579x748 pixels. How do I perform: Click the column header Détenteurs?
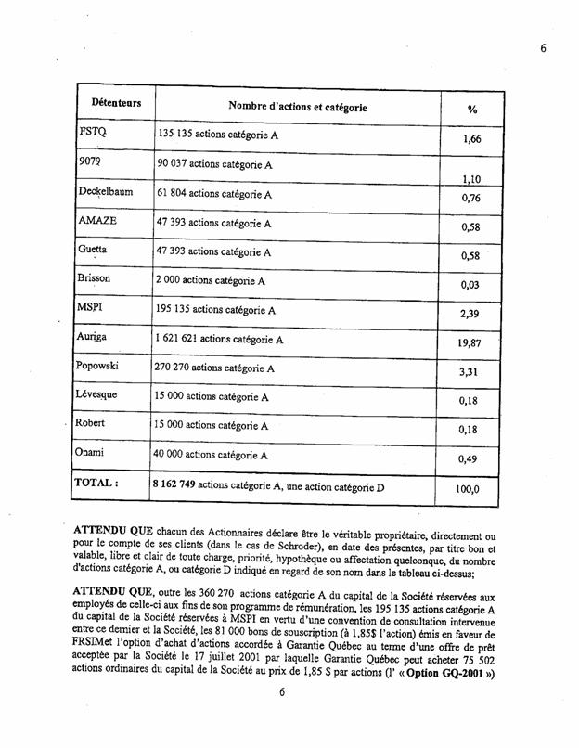(x=116, y=102)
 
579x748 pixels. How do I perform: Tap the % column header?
(x=472, y=110)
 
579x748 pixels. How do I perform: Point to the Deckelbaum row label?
(x=107, y=193)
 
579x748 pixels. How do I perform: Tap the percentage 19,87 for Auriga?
(x=472, y=343)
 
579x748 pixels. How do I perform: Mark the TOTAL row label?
(x=97, y=484)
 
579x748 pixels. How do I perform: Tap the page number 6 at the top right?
(x=543, y=48)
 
